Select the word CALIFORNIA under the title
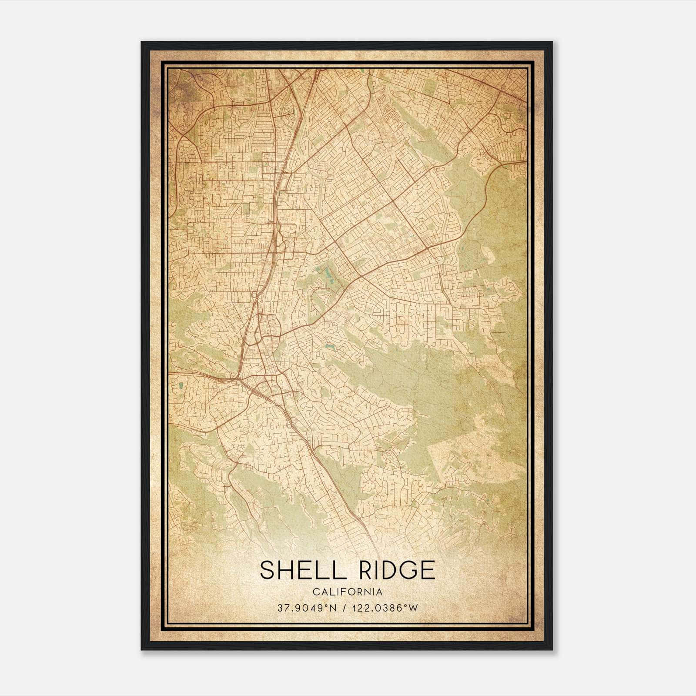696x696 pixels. point(348,592)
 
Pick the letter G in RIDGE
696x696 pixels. point(407,570)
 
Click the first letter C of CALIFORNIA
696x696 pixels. point(315,592)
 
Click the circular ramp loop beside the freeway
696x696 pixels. point(254,295)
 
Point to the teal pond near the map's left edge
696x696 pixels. point(180,385)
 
